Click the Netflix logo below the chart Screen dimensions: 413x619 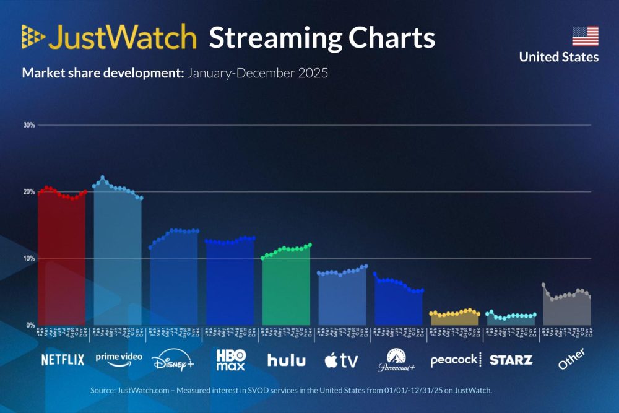point(63,360)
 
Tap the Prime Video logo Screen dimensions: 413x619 point(118,359)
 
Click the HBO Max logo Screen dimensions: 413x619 point(230,360)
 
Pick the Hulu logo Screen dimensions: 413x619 point(286,360)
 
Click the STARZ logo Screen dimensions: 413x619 point(511,360)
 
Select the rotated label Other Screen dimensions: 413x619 point(571,359)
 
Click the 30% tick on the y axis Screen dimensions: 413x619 point(28,125)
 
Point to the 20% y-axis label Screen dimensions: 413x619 point(28,192)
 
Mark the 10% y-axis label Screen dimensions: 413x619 point(28,258)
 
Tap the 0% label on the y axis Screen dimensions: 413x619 point(30,325)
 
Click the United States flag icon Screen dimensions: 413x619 point(585,36)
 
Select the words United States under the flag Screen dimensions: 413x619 point(558,57)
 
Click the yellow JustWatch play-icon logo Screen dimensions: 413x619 point(33,37)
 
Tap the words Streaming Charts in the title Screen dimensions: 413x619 point(322,38)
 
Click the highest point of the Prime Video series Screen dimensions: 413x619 point(103,178)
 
